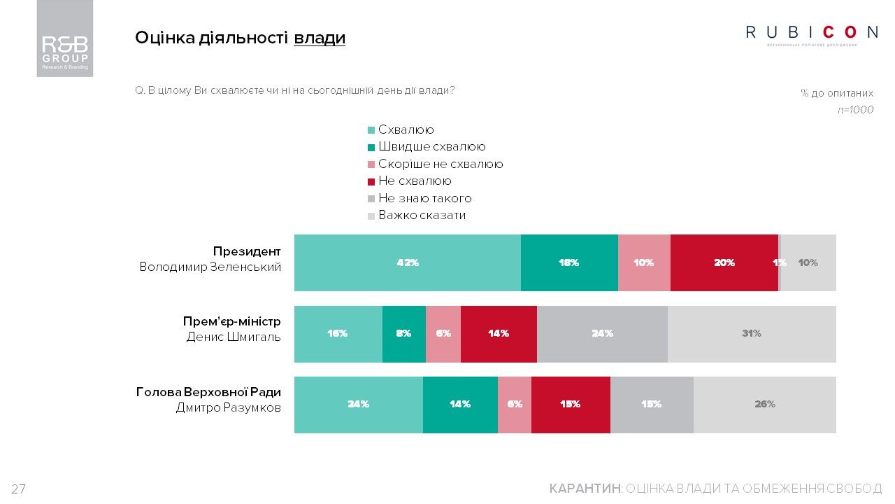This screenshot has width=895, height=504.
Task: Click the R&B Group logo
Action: (65, 38)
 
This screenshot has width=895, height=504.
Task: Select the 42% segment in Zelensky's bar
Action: (407, 262)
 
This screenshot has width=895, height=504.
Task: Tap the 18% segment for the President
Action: (569, 262)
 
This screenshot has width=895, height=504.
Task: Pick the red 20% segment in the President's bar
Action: (724, 262)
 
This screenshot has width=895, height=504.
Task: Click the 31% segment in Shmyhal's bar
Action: (752, 334)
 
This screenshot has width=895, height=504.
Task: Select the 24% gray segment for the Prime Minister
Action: (602, 334)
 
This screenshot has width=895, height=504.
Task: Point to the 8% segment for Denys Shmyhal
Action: (403, 334)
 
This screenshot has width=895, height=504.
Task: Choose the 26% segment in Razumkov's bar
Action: (765, 405)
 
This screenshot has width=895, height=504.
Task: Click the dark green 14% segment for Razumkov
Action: (460, 405)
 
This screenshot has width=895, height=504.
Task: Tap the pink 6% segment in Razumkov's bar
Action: (515, 405)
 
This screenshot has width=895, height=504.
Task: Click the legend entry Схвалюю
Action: (406, 130)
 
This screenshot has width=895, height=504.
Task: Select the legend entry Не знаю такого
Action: (424, 199)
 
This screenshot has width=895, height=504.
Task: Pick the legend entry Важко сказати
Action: (422, 216)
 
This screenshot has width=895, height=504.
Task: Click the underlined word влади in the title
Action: (320, 38)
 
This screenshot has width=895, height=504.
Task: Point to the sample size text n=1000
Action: (855, 110)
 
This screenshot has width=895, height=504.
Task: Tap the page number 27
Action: (18, 489)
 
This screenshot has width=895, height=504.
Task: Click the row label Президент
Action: (247, 251)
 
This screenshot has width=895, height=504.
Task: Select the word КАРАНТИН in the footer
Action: (585, 489)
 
